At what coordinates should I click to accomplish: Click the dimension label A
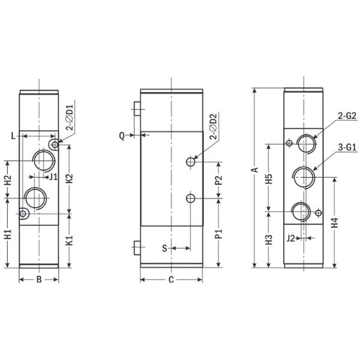click(255, 170)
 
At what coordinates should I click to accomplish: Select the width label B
click(39, 280)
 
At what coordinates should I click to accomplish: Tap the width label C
click(171, 280)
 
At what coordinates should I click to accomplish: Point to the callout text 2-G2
click(347, 116)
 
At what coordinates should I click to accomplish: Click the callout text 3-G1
click(347, 147)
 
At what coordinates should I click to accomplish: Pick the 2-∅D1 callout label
click(70, 118)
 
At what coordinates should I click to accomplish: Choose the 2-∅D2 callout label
click(213, 126)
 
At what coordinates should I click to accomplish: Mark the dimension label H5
click(269, 179)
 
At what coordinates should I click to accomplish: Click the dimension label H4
click(335, 223)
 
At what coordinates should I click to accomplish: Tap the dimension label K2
click(69, 179)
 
